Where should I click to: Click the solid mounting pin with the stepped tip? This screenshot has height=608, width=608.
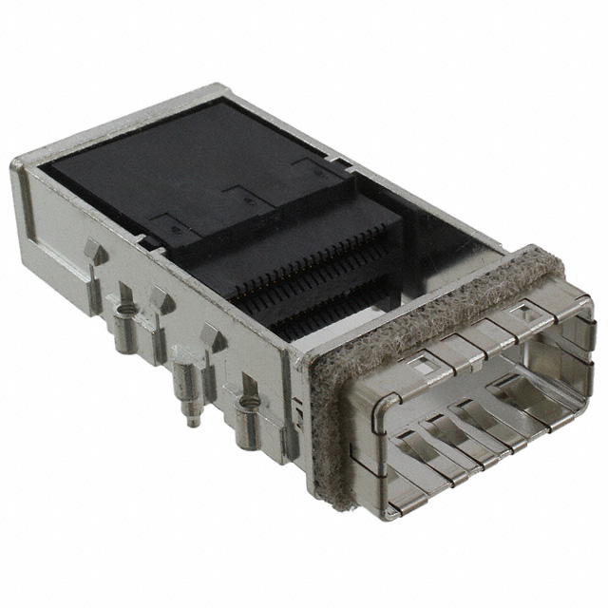pyautogui.click(x=190, y=389)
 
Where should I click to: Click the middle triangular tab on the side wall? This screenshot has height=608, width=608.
pyautogui.click(x=160, y=302)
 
